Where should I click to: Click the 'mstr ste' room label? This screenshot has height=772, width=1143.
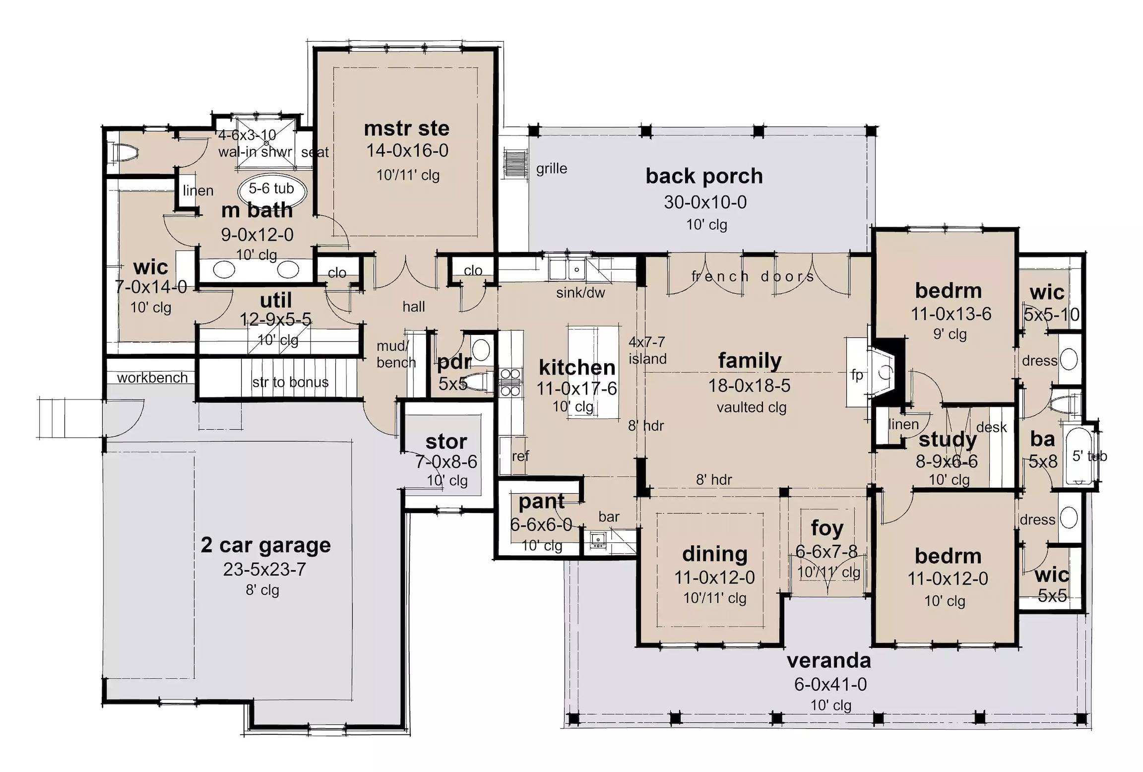[x=407, y=129]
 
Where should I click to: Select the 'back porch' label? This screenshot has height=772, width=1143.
[x=704, y=176]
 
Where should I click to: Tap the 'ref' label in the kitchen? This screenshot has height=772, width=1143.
[x=520, y=455]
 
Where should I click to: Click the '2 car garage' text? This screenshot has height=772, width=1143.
[x=265, y=545]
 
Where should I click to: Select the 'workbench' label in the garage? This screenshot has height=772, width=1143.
[x=152, y=378]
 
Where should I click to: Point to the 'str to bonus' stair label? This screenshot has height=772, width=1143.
[x=290, y=382]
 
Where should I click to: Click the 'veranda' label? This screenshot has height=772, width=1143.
[x=828, y=661]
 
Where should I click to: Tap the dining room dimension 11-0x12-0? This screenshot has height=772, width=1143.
[x=714, y=578]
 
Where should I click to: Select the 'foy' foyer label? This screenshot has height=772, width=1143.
[x=827, y=528]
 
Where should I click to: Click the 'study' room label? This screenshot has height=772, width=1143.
[x=948, y=440]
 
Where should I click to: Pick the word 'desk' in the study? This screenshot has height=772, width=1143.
[x=991, y=427]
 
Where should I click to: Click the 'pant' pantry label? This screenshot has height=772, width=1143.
[x=541, y=502]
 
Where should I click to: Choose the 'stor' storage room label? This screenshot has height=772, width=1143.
[x=446, y=442]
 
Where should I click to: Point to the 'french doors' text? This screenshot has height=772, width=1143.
[x=753, y=276]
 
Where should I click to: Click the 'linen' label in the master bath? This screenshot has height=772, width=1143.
[x=198, y=191]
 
